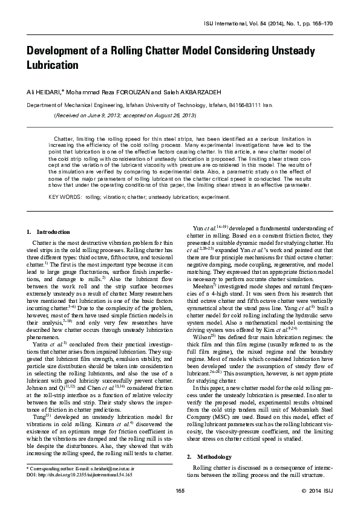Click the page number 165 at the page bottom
point(180,489)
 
